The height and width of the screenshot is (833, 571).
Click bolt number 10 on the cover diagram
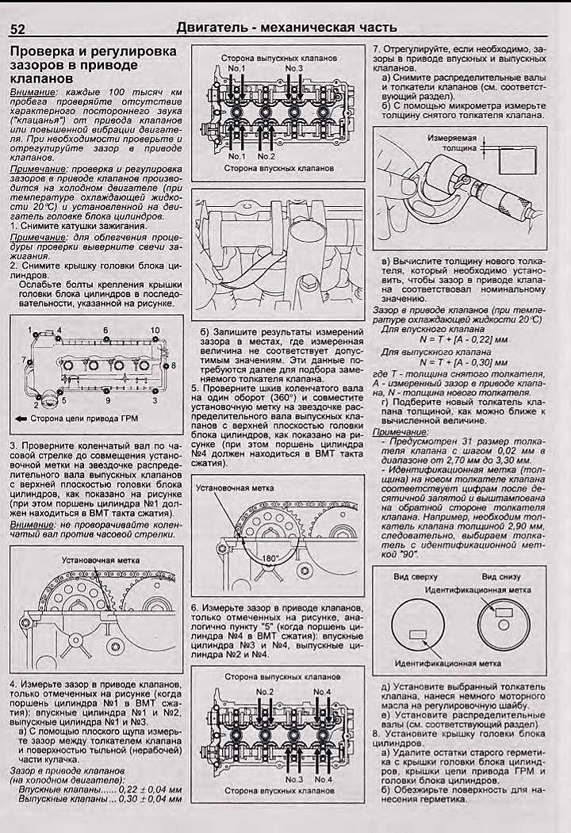coord(155,329)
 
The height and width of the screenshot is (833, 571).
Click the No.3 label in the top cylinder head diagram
coord(294,69)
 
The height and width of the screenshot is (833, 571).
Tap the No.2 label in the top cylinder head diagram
coord(265,155)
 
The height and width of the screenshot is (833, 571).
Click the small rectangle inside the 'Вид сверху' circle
coord(416,633)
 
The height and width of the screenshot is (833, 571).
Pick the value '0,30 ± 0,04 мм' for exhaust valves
coord(151,800)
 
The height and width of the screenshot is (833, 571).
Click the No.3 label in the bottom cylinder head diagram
coord(295,779)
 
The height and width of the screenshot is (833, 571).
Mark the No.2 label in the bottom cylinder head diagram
coord(265,692)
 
